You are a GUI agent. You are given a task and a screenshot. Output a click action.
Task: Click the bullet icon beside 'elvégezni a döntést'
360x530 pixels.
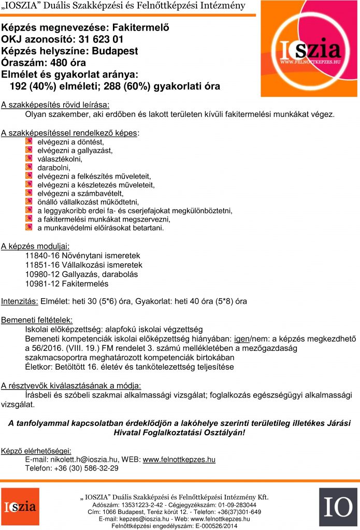coord(29,141)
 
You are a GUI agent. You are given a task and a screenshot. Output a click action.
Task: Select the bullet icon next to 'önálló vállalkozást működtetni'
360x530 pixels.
coord(29,201)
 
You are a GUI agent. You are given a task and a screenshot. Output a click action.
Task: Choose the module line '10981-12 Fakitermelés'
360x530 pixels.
coord(67,284)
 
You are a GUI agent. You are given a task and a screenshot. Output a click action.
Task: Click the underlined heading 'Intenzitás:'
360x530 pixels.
coord(19,301)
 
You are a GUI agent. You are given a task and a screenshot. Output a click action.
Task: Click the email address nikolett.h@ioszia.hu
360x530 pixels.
coord(86,459)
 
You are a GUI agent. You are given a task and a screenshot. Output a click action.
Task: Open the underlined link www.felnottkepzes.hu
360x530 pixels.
coord(179,459)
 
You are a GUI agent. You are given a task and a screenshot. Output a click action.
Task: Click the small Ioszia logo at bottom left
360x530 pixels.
coord(19,506)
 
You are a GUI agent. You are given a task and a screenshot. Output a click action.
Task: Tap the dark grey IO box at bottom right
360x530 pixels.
coord(338,507)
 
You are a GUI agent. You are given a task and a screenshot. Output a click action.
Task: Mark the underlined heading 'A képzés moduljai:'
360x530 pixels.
coord(35,246)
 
